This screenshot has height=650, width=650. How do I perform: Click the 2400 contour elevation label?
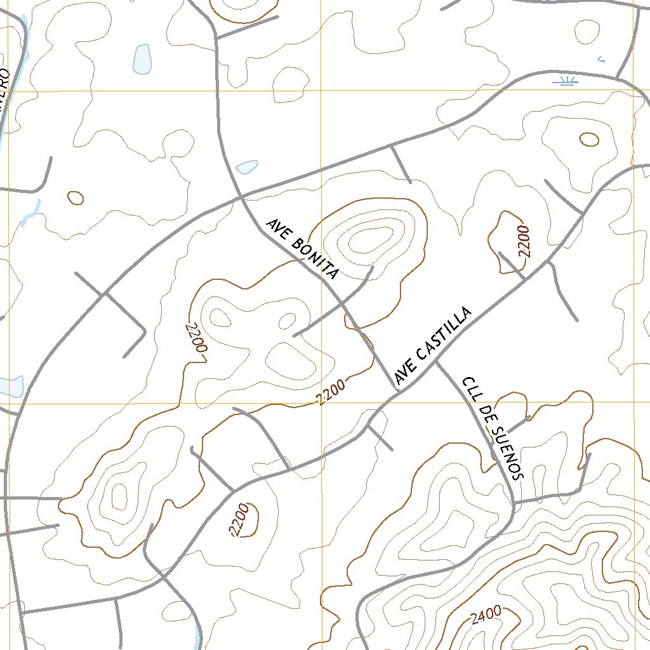pos(486,614)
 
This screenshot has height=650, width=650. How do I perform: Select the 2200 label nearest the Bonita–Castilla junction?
pos(331,392)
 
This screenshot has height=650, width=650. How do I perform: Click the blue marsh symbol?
pos(564,81)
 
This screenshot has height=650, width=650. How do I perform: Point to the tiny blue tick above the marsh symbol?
pos(601,59)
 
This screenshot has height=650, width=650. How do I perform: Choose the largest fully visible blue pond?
pos(142,59)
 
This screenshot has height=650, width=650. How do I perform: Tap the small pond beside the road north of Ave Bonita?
pos(247,167)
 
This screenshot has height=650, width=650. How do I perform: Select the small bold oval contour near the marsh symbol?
pos(588,139)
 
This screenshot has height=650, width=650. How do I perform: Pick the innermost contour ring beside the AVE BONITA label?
pos(368,241)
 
